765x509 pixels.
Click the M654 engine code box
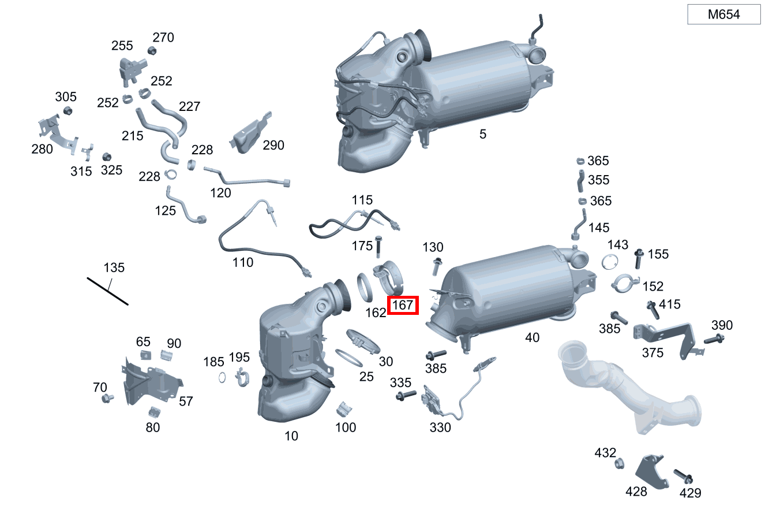[723, 14]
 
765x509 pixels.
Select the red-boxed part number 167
[403, 305]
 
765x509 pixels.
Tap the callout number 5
[482, 134]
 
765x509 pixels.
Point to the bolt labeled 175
[378, 247]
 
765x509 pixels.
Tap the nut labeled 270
[152, 51]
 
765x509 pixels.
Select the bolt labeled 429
[683, 477]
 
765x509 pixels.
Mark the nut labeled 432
[619, 464]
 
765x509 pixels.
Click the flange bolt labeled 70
[107, 398]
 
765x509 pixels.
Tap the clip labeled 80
[155, 413]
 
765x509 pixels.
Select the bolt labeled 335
[406, 395]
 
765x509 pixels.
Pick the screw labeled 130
[437, 267]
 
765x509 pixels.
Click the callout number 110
[243, 263]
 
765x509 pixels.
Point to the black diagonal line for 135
[107, 291]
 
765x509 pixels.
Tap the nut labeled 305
[67, 111]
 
